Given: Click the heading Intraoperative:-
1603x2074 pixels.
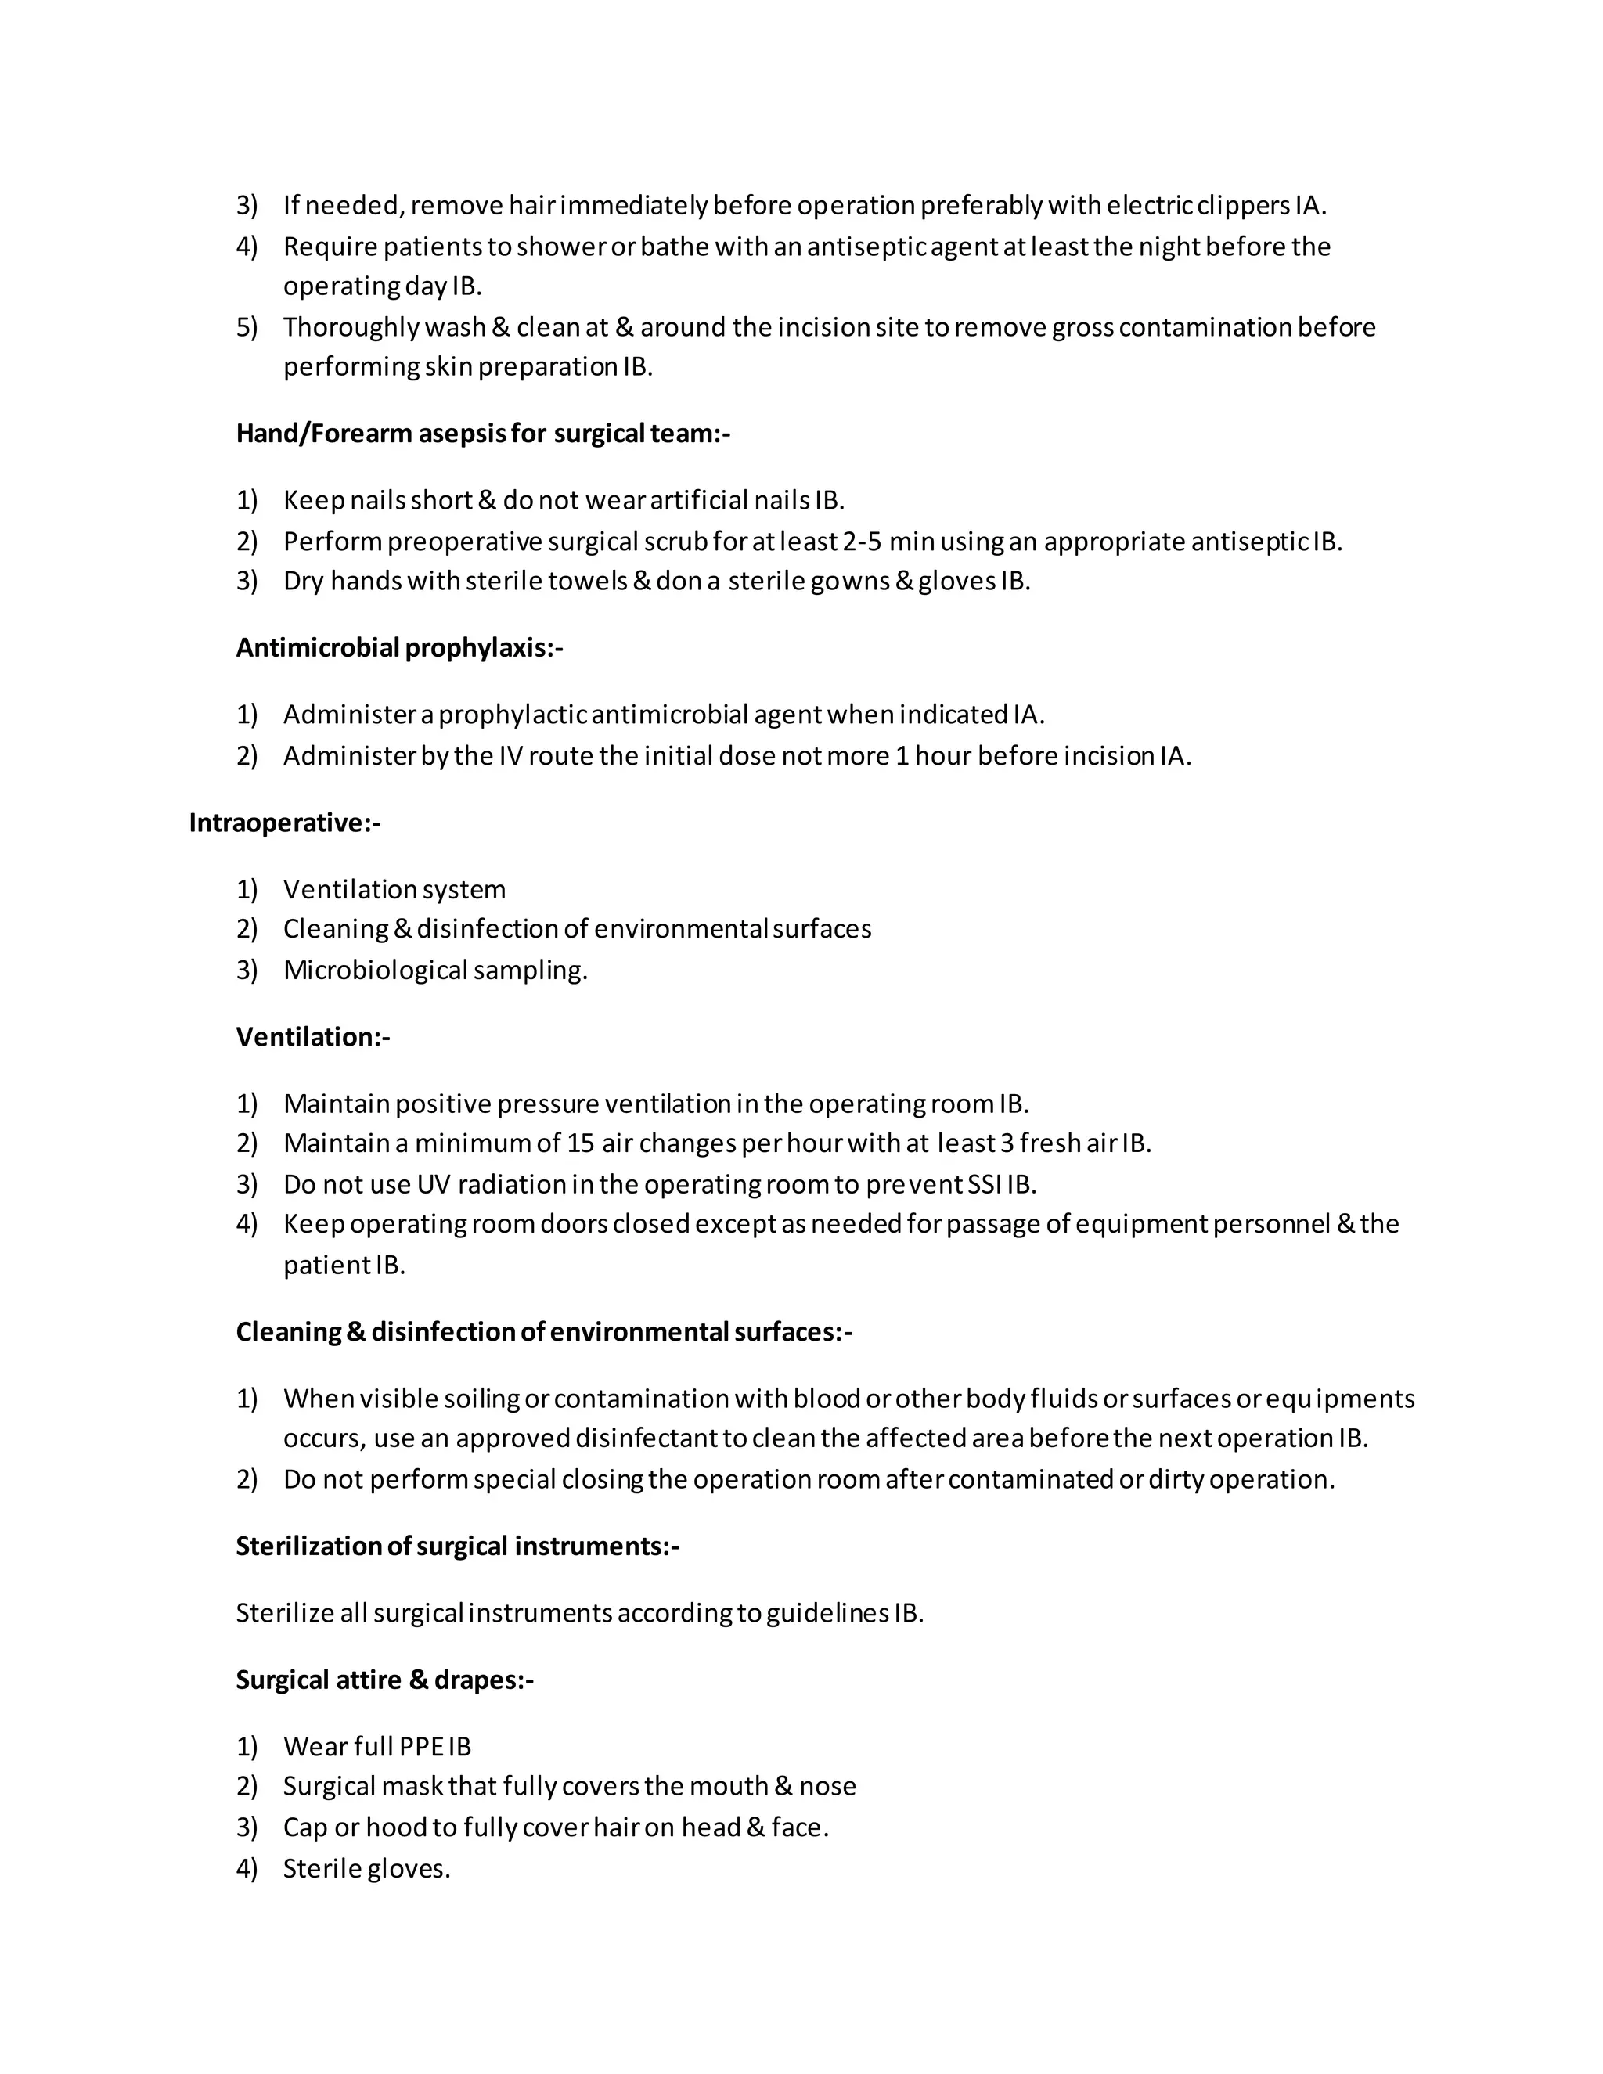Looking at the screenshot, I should click(284, 823).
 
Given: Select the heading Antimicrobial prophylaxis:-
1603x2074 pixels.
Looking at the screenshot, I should click(399, 648).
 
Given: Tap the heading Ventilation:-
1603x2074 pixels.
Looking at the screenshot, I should click(312, 1036).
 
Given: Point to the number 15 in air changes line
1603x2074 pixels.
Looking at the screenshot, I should click(579, 1143).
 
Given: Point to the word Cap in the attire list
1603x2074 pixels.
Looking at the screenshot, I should click(304, 1827).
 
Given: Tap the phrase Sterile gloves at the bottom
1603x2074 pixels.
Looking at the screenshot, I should click(366, 1868).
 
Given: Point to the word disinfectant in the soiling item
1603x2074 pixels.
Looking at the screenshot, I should click(646, 1438).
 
